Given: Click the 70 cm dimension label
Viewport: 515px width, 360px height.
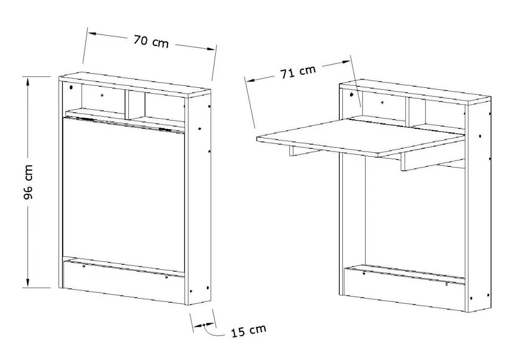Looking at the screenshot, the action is [151, 41].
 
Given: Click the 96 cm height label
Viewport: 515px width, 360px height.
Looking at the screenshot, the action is [28, 182].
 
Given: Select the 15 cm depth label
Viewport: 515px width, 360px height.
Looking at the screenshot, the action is [248, 331].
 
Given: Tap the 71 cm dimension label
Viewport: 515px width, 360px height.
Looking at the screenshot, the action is [298, 72].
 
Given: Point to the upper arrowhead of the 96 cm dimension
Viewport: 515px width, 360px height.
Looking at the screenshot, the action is [28, 81].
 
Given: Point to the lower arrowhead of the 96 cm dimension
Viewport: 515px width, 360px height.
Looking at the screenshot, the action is [28, 283].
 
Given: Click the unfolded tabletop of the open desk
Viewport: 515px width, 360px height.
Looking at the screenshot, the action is [361, 137].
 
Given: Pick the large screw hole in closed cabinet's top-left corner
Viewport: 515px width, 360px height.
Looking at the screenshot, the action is [71, 87].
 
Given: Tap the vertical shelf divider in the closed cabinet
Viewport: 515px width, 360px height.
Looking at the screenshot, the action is [126, 105].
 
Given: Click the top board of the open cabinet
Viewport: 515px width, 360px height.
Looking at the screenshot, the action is [415, 92].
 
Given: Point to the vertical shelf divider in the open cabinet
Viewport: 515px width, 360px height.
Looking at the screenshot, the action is [407, 112].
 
